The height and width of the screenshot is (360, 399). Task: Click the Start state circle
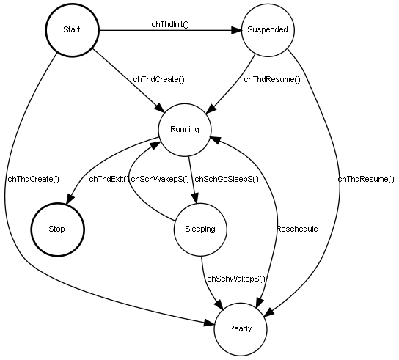point(72,30)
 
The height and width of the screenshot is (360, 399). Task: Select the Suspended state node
point(268,30)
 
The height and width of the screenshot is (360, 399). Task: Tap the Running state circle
point(185,130)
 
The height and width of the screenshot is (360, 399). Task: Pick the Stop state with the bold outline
point(56,229)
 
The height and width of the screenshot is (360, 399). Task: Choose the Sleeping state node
point(199,229)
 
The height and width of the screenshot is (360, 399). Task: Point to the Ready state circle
point(239,328)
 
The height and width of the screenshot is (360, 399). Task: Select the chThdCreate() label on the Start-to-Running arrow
point(158,79)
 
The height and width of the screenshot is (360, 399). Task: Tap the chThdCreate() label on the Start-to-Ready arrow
point(33,179)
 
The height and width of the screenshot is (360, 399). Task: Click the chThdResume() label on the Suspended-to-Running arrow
point(272,79)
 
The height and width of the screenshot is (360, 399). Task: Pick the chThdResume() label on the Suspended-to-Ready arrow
point(366,179)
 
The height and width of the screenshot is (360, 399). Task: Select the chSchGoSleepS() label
point(226,179)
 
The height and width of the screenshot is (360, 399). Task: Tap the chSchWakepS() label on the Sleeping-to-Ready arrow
point(235,279)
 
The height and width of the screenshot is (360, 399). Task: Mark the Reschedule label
point(296,229)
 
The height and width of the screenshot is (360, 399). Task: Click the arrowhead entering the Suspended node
point(236,31)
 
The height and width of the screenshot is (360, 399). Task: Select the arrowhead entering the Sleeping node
point(196,205)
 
